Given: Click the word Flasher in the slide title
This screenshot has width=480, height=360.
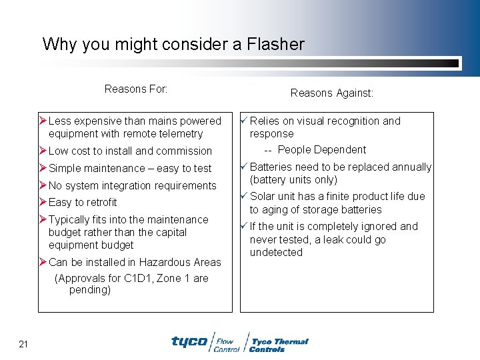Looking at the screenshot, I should click(x=275, y=45).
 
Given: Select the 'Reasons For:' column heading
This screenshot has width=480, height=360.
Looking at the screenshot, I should click(x=136, y=89).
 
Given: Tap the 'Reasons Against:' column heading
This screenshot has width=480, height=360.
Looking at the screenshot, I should click(x=331, y=93).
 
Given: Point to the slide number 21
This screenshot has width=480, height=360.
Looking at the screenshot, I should click(x=23, y=344).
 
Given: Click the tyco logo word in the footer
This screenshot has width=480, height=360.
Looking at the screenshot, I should click(x=189, y=341).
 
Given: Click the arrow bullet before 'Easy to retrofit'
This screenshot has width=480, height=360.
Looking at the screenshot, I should click(x=43, y=202).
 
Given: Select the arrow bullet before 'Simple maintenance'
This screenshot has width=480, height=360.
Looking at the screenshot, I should click(x=43, y=168).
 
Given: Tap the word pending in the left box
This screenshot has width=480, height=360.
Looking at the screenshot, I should click(x=89, y=289).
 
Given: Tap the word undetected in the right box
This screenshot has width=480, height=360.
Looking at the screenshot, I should click(x=276, y=252).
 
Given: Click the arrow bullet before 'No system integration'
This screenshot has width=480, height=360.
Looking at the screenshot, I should click(x=43, y=185).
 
